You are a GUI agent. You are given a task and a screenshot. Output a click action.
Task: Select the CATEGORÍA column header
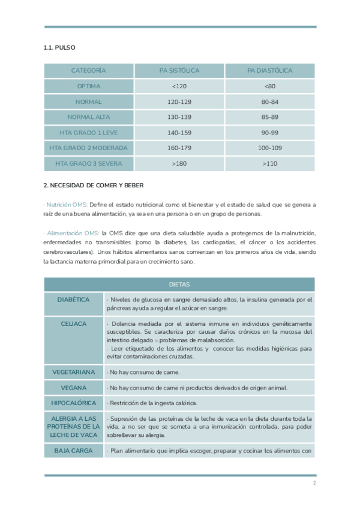[89, 71]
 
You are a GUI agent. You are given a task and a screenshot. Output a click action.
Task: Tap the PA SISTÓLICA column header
[179, 71]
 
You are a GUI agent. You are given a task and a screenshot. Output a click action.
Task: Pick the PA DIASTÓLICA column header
[269, 71]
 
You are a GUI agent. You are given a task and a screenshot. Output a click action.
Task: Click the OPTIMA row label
[89, 86]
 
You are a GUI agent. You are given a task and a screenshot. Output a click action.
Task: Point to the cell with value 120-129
[179, 102]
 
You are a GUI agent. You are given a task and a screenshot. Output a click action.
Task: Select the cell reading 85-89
[269, 117]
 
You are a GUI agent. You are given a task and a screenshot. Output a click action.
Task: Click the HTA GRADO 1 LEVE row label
[89, 133]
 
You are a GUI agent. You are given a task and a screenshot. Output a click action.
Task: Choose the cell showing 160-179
[179, 148]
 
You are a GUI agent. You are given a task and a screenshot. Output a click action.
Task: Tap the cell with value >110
[269, 163]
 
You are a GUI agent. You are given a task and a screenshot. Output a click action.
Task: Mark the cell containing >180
[179, 163]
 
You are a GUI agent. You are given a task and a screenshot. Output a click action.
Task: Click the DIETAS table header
[179, 285]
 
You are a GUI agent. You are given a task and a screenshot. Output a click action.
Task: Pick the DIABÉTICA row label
[73, 300]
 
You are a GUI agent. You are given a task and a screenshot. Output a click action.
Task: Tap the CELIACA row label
[73, 324]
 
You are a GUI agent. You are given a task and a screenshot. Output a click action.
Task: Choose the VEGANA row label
[73, 388]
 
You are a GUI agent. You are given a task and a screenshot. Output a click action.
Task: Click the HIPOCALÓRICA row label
[73, 403]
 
